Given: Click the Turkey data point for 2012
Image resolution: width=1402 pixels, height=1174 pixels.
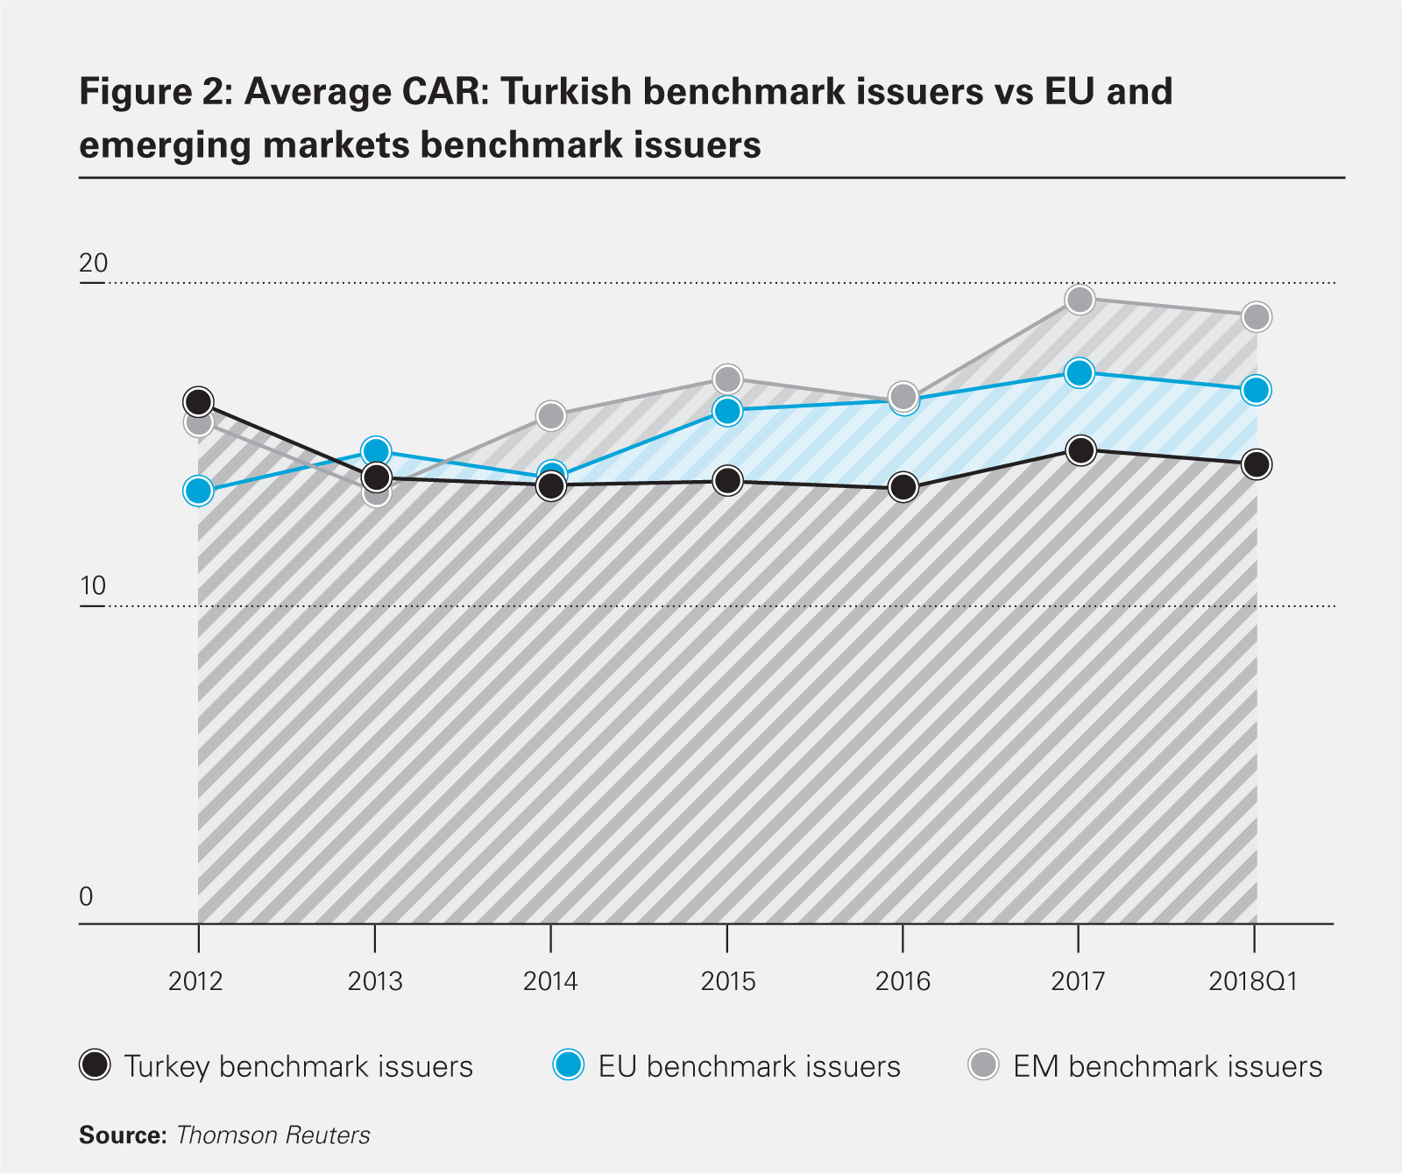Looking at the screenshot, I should point(199,402).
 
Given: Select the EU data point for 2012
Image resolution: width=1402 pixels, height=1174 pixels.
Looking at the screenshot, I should point(199,492).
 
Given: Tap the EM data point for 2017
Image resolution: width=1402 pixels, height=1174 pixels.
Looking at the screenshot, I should point(1080,300).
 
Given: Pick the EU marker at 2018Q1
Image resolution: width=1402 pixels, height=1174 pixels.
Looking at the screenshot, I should point(1257,390).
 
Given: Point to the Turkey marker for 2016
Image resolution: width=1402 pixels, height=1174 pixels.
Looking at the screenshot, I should point(903,487).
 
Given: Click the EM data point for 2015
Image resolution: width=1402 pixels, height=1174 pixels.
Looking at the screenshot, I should point(727,379).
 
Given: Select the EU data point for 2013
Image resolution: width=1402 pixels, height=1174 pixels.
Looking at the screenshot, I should point(376,451).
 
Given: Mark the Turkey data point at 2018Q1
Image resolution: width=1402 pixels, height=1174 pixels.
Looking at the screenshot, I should point(1257,464).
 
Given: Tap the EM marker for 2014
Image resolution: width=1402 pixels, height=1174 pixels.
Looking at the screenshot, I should point(550,415).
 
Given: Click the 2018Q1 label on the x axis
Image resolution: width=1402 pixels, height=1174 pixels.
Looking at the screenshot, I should point(1253,981).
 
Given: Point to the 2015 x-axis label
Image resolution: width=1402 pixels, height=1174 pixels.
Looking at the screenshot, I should point(727,981).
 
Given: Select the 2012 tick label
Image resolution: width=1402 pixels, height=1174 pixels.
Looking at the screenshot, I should point(195,981).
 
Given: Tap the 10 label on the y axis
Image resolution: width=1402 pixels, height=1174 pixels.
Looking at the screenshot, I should point(93,585).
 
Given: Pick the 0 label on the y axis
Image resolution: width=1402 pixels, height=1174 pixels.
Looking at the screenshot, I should point(86,897).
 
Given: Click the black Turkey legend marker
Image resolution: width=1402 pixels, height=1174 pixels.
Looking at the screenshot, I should point(95,1065).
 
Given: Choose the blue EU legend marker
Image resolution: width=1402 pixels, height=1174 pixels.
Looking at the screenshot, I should point(568,1065).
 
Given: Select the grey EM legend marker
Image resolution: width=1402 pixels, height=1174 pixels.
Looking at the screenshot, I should point(983,1065).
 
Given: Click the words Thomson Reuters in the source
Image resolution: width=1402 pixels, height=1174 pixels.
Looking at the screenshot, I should point(273,1135).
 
